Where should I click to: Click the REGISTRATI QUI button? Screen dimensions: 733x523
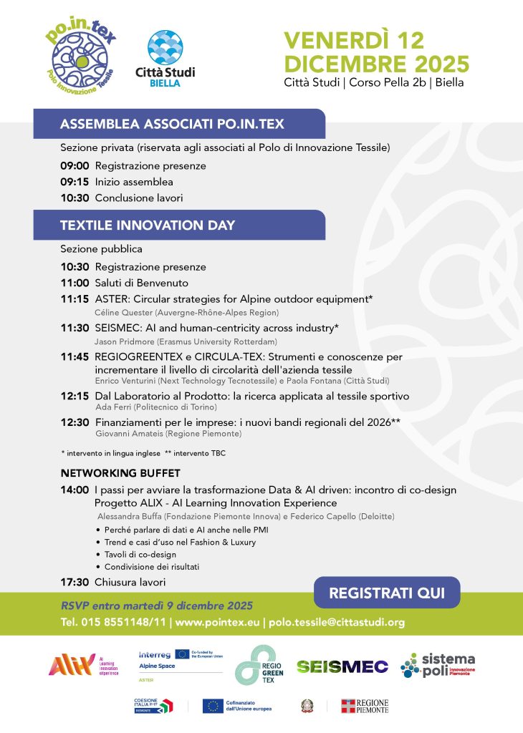click(387, 593)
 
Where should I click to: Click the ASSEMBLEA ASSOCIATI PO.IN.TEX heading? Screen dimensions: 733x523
click(172, 124)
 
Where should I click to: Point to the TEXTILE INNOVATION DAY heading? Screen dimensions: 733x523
click(148, 225)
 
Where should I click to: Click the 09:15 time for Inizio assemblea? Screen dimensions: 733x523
click(75, 182)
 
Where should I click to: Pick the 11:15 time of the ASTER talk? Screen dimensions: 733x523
click(75, 298)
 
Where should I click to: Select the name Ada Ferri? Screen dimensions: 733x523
click(110, 407)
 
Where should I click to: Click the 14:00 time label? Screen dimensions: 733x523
click(75, 490)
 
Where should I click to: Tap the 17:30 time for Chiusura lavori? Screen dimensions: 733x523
click(75, 582)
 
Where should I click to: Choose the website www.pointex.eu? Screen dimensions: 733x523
click(217, 622)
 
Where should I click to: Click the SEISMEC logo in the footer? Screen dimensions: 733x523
click(342, 666)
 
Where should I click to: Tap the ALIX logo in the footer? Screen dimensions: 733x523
click(72, 665)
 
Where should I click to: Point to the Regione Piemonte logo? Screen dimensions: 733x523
click(365, 706)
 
